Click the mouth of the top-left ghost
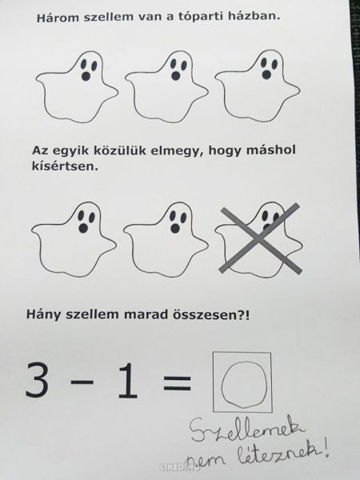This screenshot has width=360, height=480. pos(86,76)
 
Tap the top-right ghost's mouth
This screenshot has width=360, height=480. pos(267,74)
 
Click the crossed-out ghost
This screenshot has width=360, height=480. pos(259,239)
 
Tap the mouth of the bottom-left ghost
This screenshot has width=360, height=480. pos(83,228)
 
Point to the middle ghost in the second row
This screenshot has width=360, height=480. pos(166,239)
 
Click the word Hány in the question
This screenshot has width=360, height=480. pos(44,315)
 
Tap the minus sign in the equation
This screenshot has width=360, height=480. pos(82,382)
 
